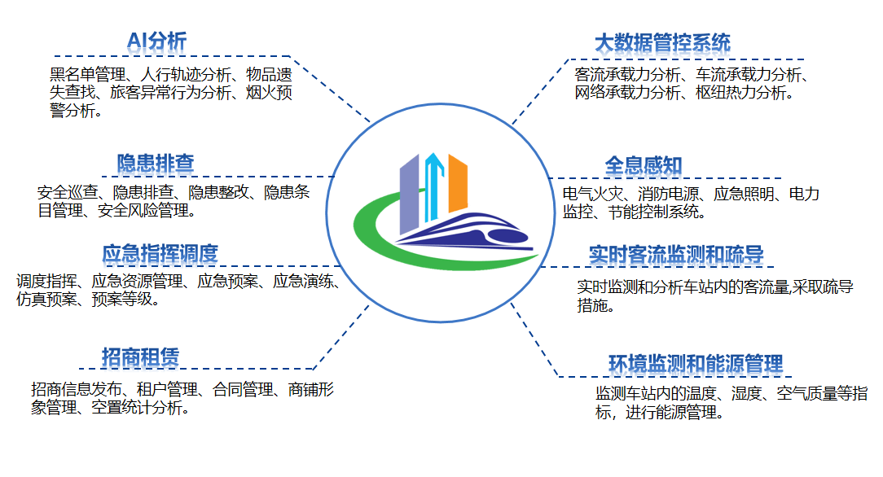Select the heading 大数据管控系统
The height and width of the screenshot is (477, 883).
(x=662, y=42)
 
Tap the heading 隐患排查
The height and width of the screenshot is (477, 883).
(x=156, y=163)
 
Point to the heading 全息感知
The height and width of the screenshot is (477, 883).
(x=643, y=166)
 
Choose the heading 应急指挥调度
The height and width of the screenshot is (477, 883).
(x=160, y=253)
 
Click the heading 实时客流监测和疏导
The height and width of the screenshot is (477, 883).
(x=676, y=255)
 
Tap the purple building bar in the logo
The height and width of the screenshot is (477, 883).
(x=409, y=194)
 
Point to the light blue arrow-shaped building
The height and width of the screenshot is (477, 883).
(x=433, y=186)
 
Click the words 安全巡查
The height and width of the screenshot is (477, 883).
(x=68, y=194)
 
